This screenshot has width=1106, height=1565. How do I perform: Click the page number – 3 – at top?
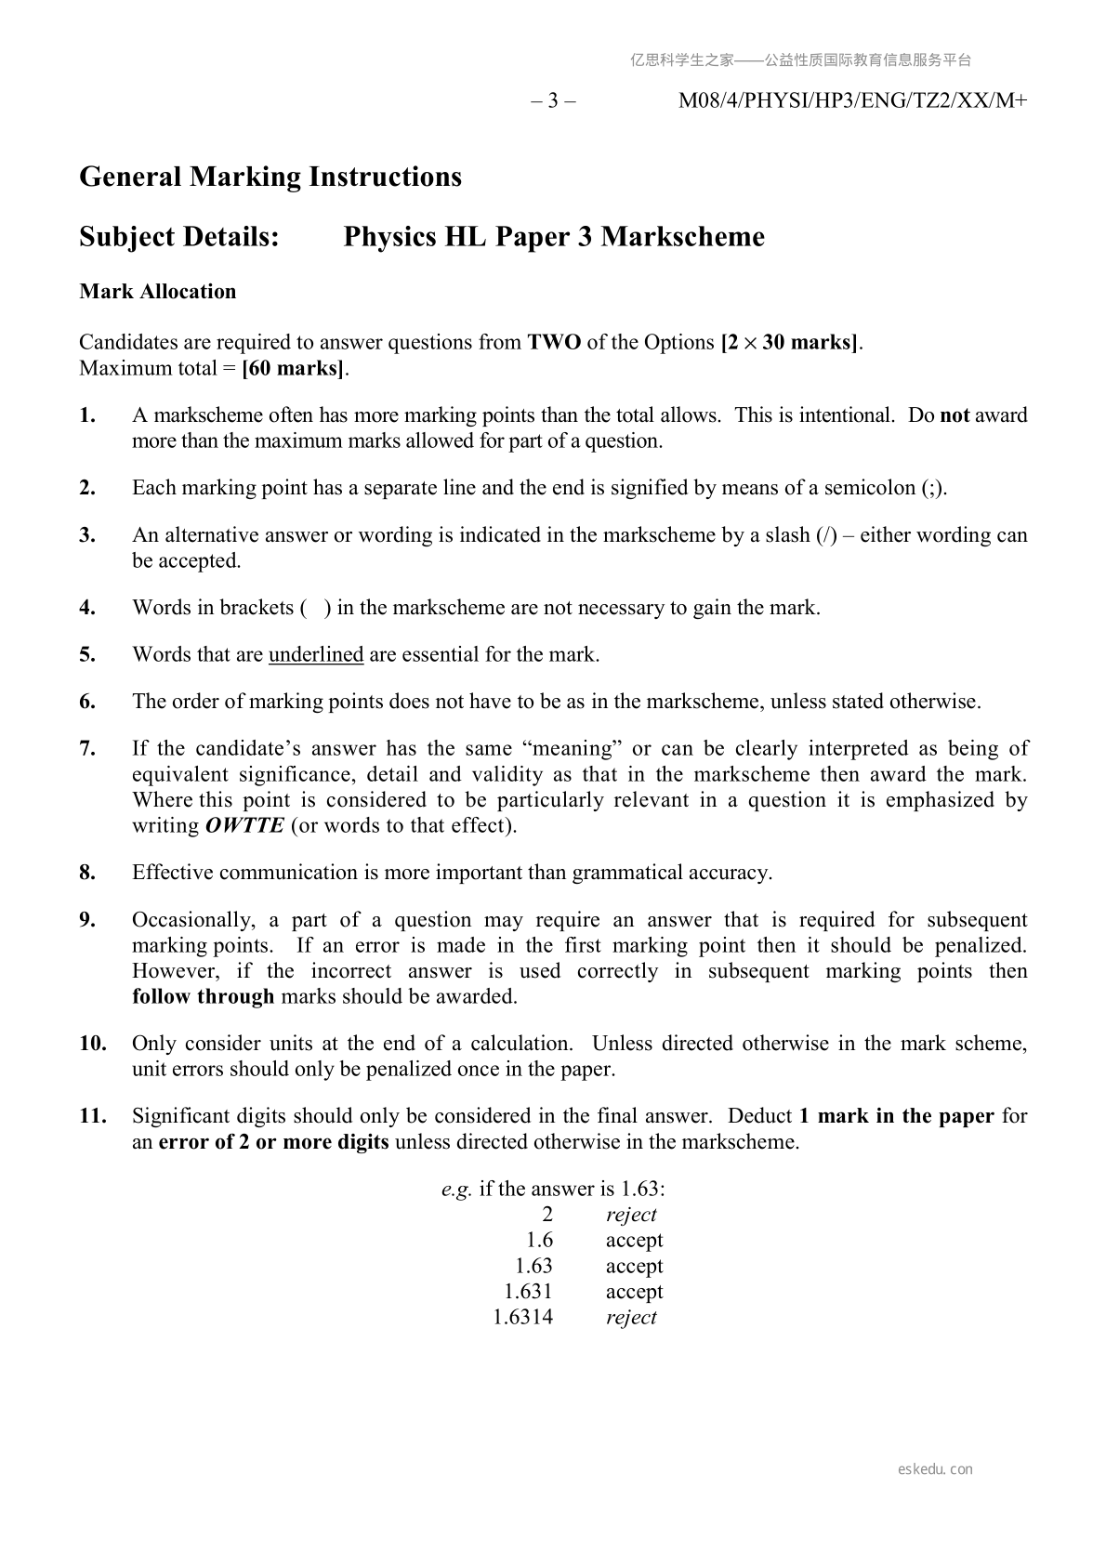[x=553, y=101]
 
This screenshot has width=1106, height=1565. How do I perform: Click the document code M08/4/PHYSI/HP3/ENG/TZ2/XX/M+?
[x=852, y=101]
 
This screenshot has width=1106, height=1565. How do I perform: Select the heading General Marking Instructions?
[x=270, y=177]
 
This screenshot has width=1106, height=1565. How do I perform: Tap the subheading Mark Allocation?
[x=158, y=292]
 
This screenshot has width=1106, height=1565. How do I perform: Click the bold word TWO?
[x=554, y=342]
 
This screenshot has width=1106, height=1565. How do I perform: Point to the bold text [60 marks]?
[x=294, y=368]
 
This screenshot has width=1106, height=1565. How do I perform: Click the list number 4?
[x=87, y=608]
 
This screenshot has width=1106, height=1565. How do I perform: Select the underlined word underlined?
[x=316, y=654]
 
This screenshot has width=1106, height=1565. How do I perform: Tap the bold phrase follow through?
[x=203, y=996]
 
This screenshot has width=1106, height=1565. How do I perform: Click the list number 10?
[x=92, y=1044]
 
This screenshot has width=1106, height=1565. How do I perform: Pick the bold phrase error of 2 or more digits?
[x=273, y=1141]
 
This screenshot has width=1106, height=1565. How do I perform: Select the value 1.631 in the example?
[x=528, y=1291]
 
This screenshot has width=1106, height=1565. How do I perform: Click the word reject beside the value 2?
[x=631, y=1215]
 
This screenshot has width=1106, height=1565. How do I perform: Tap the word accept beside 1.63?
[x=634, y=1266]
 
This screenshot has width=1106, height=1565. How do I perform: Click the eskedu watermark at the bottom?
[x=935, y=1469]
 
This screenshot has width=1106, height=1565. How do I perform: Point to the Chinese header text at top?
[x=800, y=60]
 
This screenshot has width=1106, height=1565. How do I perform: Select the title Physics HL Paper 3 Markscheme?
[x=554, y=237]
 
